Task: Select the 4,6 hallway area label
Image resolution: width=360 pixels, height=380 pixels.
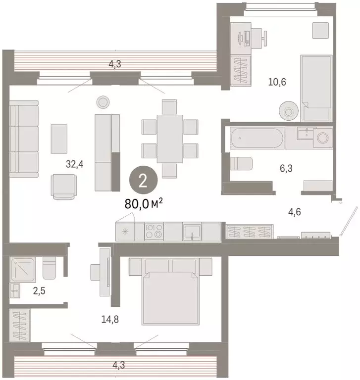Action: pyautogui.click(x=294, y=212)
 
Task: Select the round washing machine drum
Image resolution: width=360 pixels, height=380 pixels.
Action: pyautogui.click(x=324, y=138)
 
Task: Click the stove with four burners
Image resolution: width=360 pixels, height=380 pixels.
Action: pyautogui.click(x=154, y=231)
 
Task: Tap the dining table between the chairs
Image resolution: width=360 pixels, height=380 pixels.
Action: pyautogui.click(x=170, y=139)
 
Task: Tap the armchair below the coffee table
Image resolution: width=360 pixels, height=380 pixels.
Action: pyautogui.click(x=64, y=187)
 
